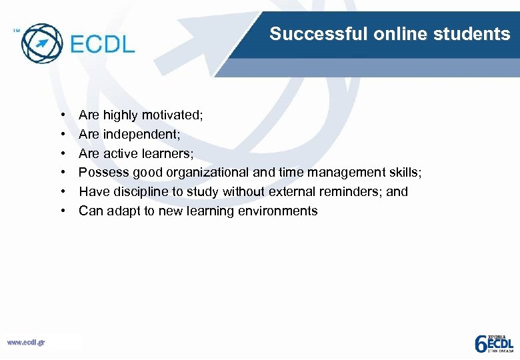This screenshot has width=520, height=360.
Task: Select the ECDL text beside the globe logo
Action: point(102,44)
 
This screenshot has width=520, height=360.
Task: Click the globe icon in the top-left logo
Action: point(41,43)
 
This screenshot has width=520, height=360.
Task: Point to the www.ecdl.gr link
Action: point(26,343)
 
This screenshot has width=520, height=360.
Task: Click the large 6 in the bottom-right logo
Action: point(481,343)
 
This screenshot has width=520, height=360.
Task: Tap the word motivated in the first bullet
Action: point(171,115)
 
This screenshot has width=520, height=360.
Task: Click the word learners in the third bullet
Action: point(167,154)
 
